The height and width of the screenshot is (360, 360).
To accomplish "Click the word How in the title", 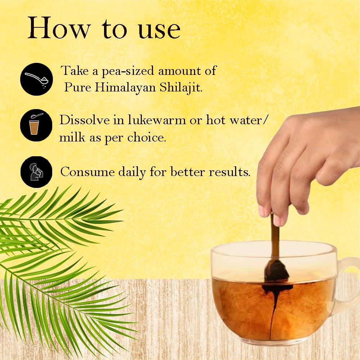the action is tap(58, 28).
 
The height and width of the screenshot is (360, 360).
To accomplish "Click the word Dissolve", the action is tap(85, 120).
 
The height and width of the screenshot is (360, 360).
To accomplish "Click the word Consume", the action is tap(87, 172).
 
